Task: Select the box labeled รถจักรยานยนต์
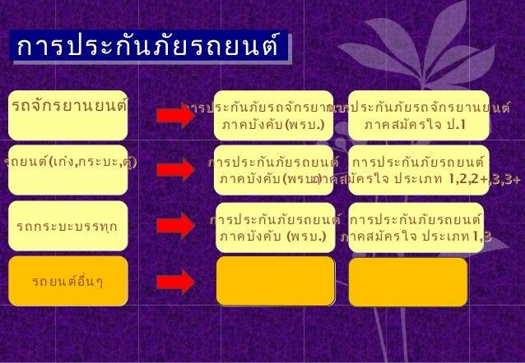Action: pos(69,106)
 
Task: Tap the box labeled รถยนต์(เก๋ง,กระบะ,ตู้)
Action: pos(69,161)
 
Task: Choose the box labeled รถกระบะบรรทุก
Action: pos(69,222)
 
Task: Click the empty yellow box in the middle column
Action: pos(276,281)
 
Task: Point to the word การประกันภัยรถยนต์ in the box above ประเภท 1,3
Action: pos(415,220)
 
